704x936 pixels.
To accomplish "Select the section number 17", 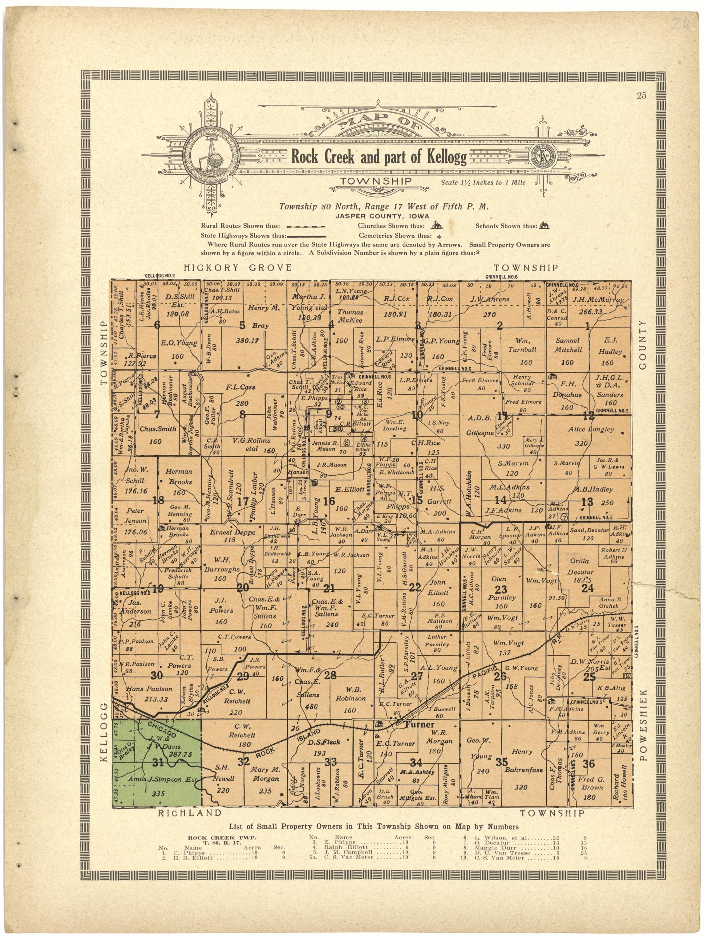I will click(243, 502).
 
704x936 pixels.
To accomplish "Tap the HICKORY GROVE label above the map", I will click(238, 268).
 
